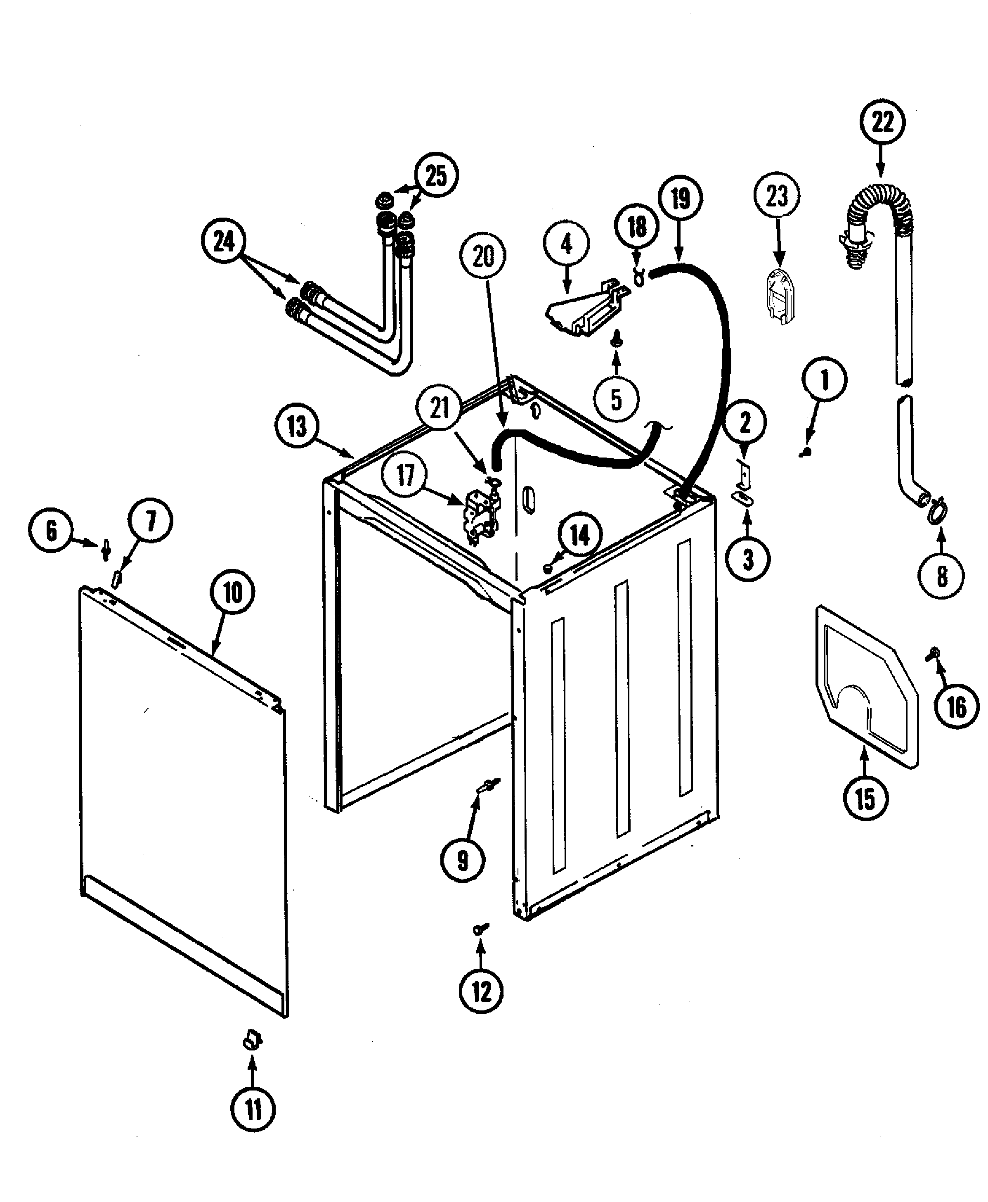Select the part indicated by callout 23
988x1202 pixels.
[777, 296]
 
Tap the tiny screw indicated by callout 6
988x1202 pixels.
[106, 550]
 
